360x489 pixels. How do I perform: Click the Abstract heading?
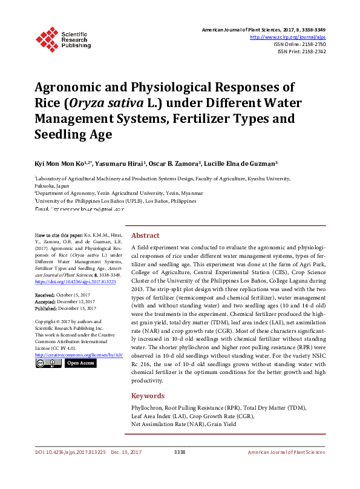coord(146,235)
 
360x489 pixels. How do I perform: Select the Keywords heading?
coord(149,396)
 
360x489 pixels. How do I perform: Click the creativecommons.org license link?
coord(79,355)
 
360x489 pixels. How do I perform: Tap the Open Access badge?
coord(80,363)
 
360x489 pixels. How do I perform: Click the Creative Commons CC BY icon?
coord(48,363)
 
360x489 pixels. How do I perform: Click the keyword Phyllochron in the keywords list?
coord(147,409)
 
